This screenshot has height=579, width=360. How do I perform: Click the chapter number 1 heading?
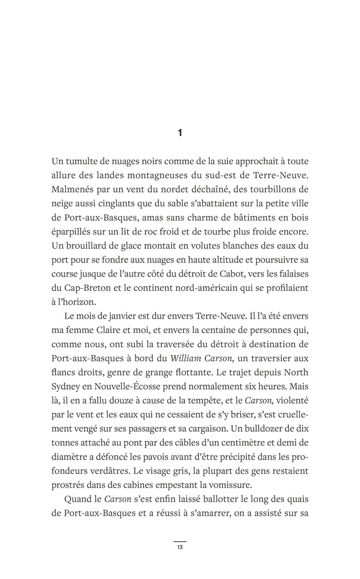(179, 133)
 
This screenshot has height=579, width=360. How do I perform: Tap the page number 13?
(179, 547)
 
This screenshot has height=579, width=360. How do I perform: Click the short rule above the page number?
(179, 541)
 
